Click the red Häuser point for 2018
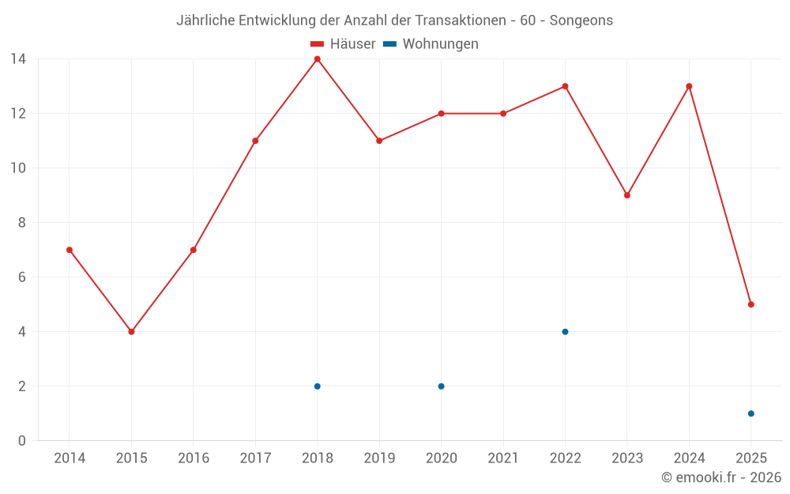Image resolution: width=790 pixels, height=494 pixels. click(317, 59)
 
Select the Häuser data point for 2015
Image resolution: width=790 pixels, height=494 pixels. click(131, 332)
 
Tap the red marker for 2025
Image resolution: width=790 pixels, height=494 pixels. click(750, 304)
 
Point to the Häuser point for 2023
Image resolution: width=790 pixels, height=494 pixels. click(626, 195)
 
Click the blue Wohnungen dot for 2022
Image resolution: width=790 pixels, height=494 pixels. click(565, 332)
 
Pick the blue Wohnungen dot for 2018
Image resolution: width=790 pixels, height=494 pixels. click(317, 387)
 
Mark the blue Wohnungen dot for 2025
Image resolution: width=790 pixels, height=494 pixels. click(750, 413)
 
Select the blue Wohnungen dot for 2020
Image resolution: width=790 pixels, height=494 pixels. click(441, 387)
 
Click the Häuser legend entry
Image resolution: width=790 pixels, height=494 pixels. click(343, 44)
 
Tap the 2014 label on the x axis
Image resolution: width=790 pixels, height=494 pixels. click(70, 458)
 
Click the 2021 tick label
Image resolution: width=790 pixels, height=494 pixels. click(503, 458)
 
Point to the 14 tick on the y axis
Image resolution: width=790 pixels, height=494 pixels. click(18, 59)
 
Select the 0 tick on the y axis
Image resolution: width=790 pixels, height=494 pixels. click(22, 441)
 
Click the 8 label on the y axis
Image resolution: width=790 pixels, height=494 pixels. click(22, 223)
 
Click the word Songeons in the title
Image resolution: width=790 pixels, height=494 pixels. click(581, 21)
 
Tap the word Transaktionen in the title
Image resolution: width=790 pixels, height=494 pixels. click(460, 21)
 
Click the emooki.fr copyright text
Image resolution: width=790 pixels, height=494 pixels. click(720, 477)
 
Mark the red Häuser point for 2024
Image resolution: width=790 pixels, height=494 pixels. click(689, 86)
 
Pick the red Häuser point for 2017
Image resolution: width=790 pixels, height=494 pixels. click(255, 141)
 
